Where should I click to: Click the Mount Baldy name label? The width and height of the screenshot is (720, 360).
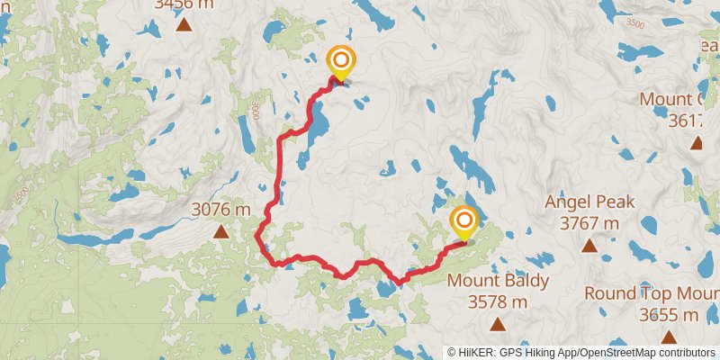click(498, 281)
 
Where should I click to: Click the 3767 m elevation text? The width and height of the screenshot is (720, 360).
click(589, 222)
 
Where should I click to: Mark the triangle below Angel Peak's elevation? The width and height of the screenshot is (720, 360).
click(589, 246)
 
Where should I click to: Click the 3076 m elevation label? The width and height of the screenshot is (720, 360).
click(220, 210)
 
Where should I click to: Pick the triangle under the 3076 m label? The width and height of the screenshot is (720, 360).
click(220, 232)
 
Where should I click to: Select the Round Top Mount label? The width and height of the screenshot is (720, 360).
click(652, 293)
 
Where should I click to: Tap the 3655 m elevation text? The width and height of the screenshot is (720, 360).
click(669, 315)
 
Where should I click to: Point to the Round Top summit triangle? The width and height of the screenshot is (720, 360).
click(669, 337)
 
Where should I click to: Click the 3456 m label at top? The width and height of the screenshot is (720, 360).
click(184, 4)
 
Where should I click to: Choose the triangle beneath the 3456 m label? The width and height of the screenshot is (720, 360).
click(184, 24)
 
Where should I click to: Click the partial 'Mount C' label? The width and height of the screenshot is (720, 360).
click(679, 99)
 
